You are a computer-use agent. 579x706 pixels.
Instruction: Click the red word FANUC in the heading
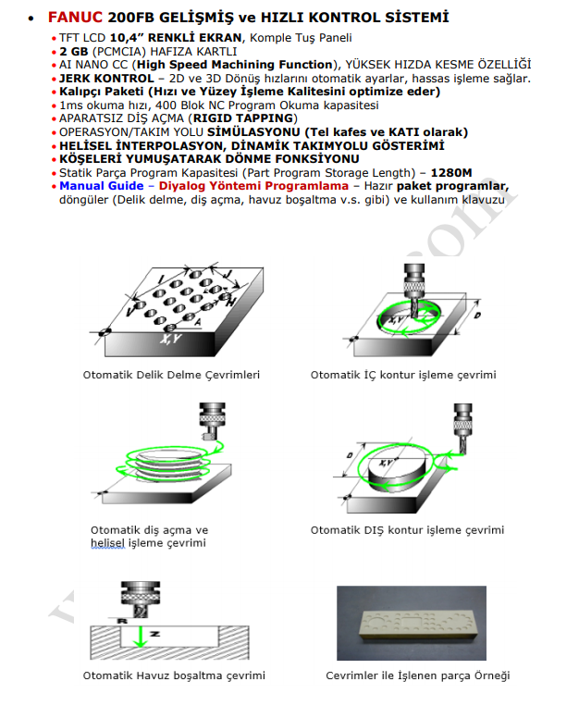76,17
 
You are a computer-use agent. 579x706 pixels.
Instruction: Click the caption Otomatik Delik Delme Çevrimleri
171,375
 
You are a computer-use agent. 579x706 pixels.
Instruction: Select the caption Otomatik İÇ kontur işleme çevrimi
403,375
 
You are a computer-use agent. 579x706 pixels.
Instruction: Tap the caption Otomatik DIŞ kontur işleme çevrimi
407,530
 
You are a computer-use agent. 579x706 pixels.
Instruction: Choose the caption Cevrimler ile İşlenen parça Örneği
417,675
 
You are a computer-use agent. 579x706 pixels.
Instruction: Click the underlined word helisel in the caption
106,543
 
